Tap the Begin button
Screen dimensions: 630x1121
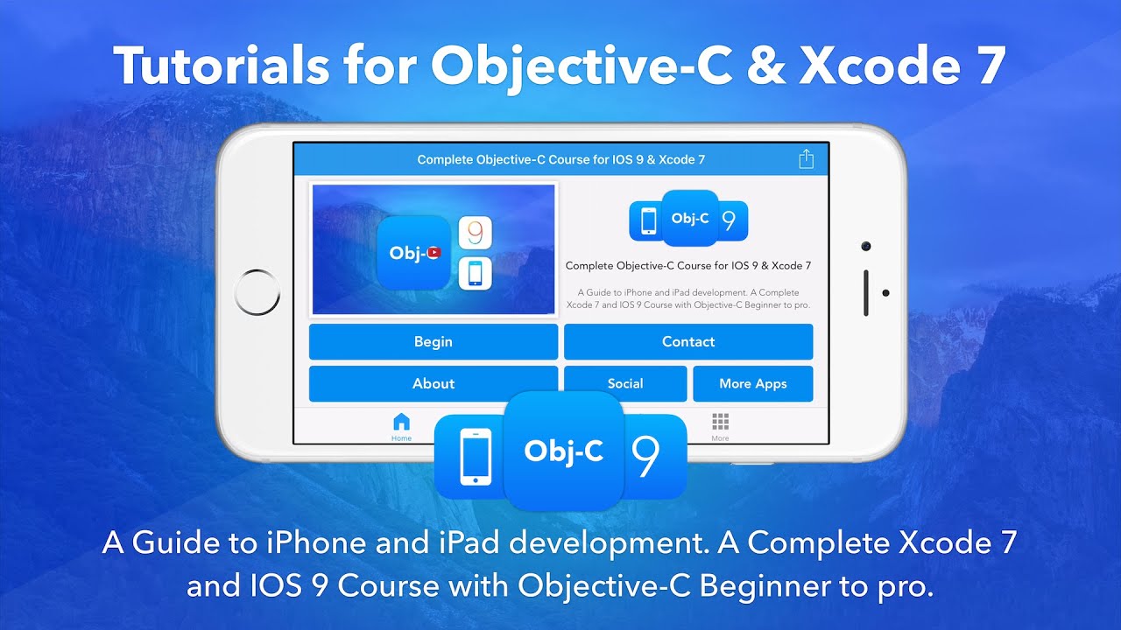click(x=434, y=342)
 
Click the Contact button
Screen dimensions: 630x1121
click(x=688, y=342)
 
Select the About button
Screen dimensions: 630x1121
click(x=434, y=383)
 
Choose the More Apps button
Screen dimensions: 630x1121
click(x=753, y=383)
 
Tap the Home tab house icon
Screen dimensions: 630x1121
click(x=401, y=422)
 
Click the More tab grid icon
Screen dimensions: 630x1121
click(x=720, y=422)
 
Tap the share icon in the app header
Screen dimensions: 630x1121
click(x=807, y=159)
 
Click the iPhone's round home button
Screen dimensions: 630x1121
click(x=258, y=292)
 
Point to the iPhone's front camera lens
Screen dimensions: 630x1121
click(x=866, y=247)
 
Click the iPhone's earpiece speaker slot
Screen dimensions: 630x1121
click(x=866, y=292)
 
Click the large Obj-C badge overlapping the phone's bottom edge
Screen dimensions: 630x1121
click(x=563, y=451)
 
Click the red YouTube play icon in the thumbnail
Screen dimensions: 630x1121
click(x=434, y=252)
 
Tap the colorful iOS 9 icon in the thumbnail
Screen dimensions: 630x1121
click(x=475, y=233)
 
